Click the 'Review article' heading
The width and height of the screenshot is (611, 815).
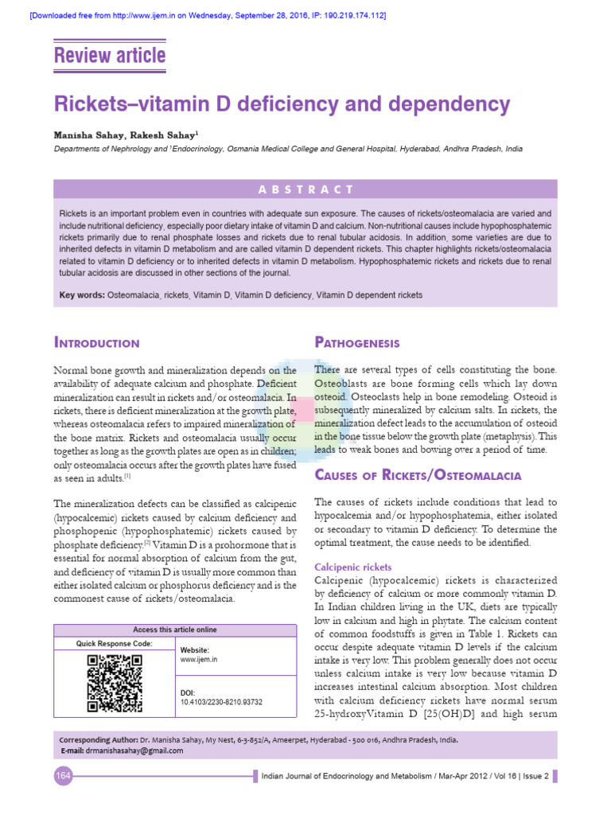109,56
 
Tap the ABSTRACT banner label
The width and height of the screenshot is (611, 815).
305,189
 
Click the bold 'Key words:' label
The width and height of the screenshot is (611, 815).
82,295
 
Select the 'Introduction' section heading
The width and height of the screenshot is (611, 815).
96,343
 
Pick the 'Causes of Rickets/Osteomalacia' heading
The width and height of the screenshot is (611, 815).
418,475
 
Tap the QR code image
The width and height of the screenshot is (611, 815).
115,682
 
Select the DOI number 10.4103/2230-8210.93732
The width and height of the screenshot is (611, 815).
221,702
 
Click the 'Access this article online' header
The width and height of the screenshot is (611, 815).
174,630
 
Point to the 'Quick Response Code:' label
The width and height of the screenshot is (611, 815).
115,643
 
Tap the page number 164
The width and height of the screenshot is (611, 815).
64,776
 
